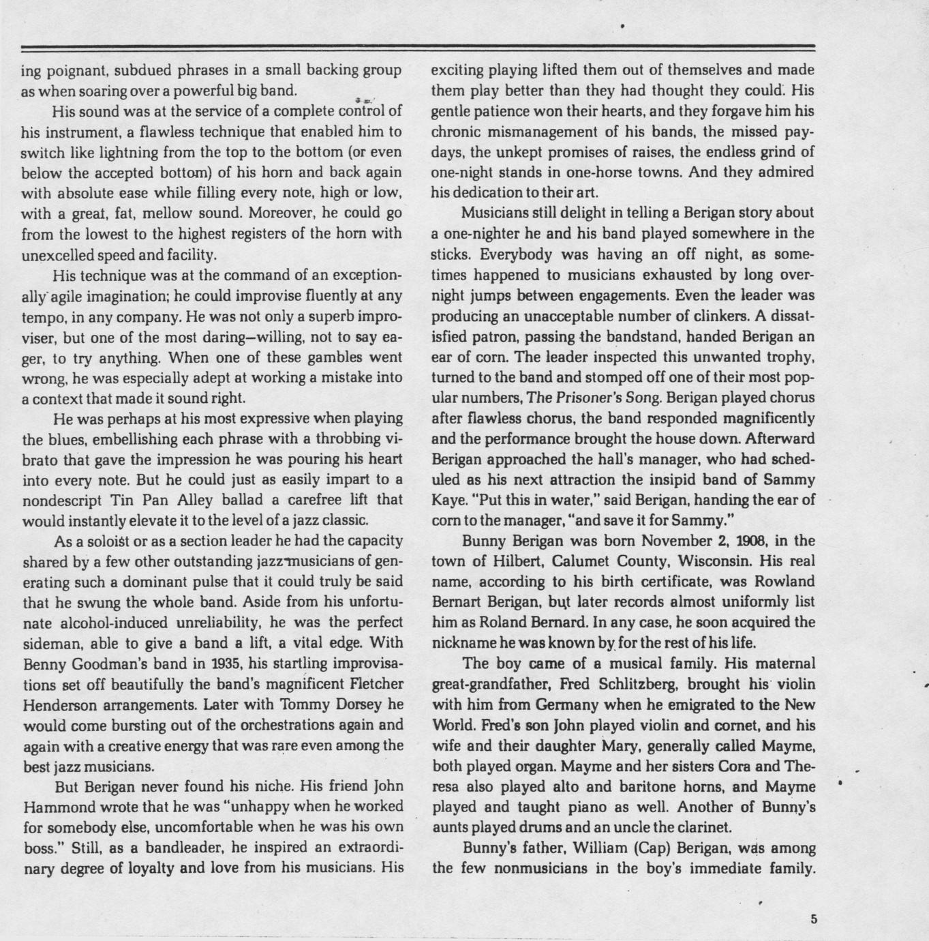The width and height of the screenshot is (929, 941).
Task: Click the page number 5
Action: [813, 918]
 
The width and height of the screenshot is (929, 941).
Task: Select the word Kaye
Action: [447, 501]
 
